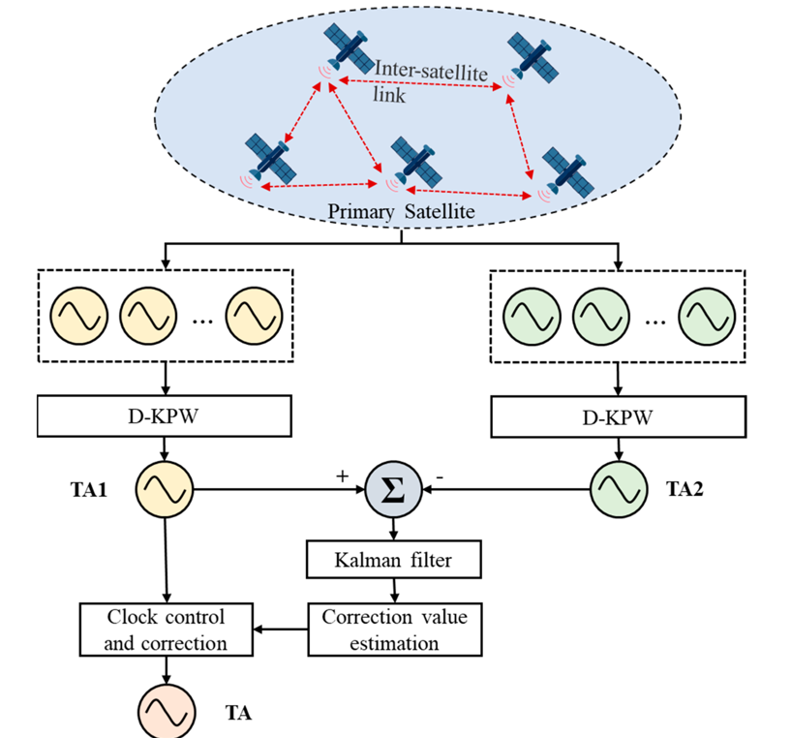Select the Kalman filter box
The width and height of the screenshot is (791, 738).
393,559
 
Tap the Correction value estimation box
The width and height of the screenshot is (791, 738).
393,630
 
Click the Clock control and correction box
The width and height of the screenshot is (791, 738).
167,630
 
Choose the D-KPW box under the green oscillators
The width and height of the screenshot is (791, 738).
620,417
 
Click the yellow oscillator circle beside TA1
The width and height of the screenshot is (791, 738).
167,491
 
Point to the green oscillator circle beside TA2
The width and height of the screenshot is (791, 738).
620,491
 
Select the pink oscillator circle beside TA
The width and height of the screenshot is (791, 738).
167,713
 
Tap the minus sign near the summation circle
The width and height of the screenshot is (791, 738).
441,477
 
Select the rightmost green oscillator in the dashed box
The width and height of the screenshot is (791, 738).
706,316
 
